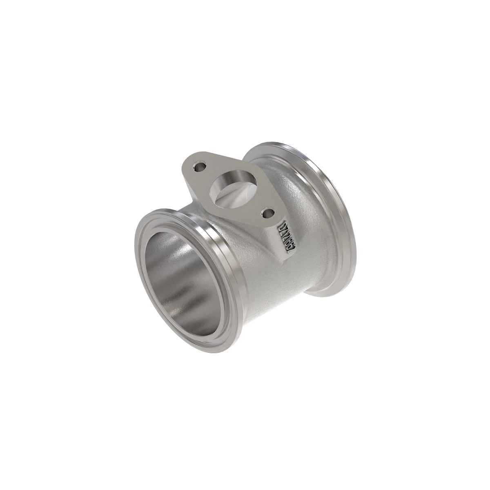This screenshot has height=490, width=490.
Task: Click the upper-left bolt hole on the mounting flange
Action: tap(200, 167)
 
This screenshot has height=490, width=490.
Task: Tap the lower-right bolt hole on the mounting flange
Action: tap(268, 213)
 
